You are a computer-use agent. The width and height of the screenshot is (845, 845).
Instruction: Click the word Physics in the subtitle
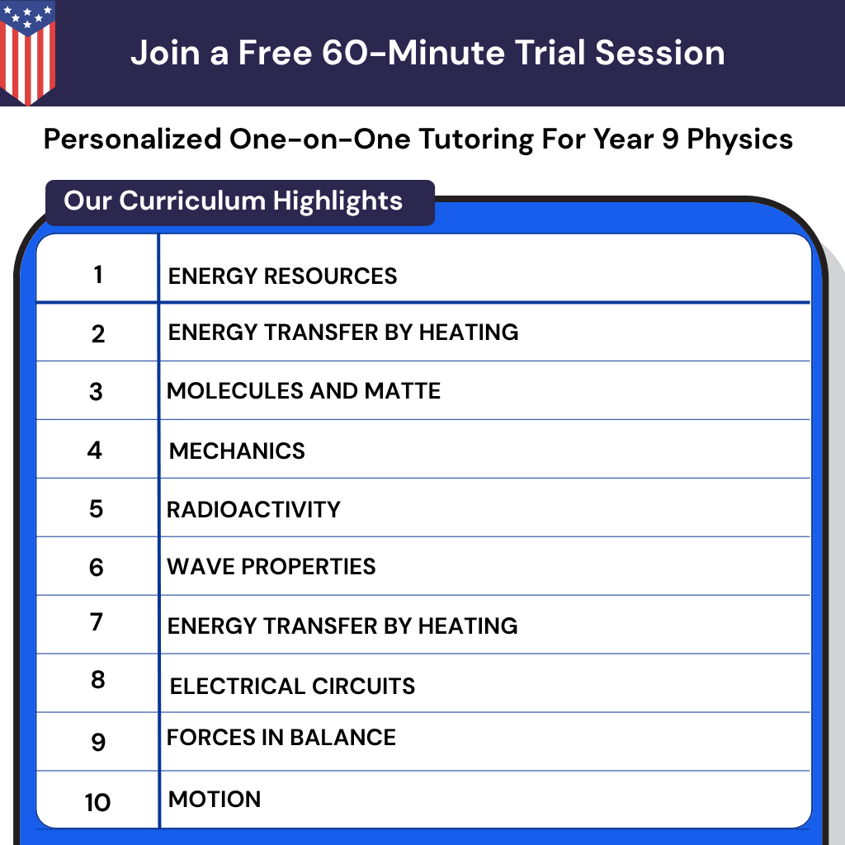coord(739,139)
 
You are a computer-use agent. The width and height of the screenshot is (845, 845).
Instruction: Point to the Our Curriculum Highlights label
coord(234,201)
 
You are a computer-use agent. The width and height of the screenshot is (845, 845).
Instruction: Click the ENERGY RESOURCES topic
coord(282,276)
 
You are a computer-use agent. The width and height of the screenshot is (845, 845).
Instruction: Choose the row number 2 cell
coord(98,333)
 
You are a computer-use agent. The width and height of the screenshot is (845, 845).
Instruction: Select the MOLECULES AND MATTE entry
coord(304,390)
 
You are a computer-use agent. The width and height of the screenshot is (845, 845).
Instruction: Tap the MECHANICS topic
coord(237,451)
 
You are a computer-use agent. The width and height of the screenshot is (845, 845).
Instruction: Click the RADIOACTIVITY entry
coord(253,509)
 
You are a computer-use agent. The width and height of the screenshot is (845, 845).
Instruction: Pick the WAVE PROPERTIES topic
coord(271,567)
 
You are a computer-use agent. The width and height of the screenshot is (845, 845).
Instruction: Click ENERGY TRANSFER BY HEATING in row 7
coord(342,625)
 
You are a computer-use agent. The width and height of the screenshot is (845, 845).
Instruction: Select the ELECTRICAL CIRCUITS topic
coord(292,686)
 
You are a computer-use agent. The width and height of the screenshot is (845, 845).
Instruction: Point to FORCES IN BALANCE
coord(281,737)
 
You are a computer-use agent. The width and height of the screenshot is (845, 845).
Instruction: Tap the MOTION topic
coord(215,799)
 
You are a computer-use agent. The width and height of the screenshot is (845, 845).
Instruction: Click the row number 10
coord(97,802)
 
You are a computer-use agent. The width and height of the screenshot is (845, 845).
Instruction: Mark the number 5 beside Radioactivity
coord(97,509)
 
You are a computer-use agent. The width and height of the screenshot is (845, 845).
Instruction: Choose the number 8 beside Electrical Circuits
coord(97,681)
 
